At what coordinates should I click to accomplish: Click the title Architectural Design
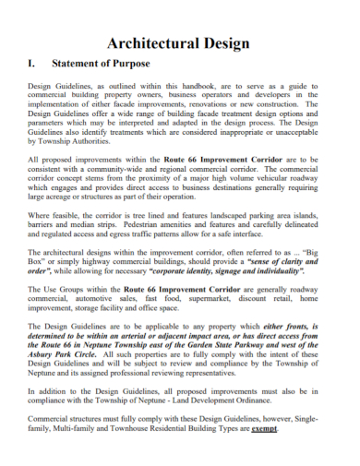pyautogui.click(x=179, y=43)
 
